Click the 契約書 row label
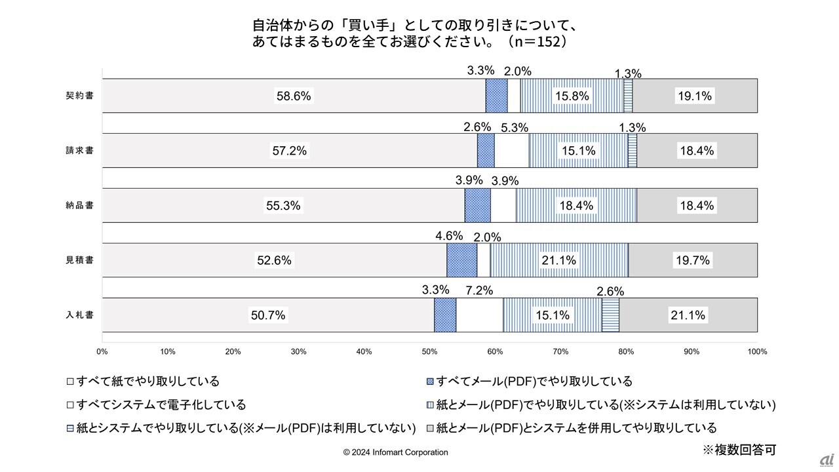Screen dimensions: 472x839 [79, 96]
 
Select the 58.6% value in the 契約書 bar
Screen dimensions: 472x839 [294, 96]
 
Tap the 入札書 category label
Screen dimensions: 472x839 [79, 315]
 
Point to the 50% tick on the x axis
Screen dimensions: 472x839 [429, 352]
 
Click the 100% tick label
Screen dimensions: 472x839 [757, 352]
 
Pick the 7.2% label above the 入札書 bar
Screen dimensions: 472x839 [478, 290]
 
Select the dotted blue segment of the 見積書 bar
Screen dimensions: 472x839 [461, 260]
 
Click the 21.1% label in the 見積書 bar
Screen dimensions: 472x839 [559, 260]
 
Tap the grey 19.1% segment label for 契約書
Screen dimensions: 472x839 [694, 96]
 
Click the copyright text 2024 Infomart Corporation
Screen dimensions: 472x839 [396, 452]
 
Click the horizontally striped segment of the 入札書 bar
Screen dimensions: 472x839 [610, 315]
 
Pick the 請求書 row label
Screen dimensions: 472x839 [79, 151]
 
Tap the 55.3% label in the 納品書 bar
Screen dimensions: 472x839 [283, 206]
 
